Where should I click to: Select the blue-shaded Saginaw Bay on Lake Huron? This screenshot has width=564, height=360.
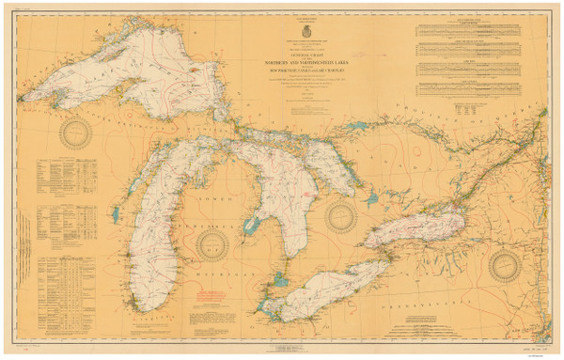click(250, 227)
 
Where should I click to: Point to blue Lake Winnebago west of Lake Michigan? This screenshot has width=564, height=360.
click(115, 214)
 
